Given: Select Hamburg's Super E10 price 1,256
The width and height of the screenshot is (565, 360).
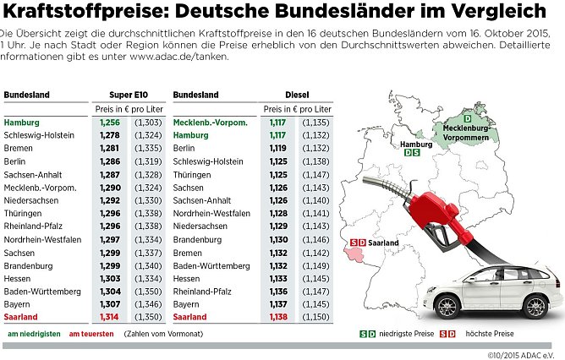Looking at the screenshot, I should click(x=110, y=123).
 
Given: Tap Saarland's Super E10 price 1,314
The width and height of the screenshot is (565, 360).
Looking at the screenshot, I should click(x=110, y=317).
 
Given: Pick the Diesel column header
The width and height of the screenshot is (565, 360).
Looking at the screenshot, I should click(x=296, y=95).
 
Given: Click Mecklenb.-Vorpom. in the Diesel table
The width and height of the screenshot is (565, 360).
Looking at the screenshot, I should click(x=211, y=123).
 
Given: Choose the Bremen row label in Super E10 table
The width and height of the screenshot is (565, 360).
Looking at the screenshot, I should click(x=18, y=148).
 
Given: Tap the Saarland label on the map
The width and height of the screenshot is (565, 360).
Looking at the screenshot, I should click(x=383, y=243).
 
